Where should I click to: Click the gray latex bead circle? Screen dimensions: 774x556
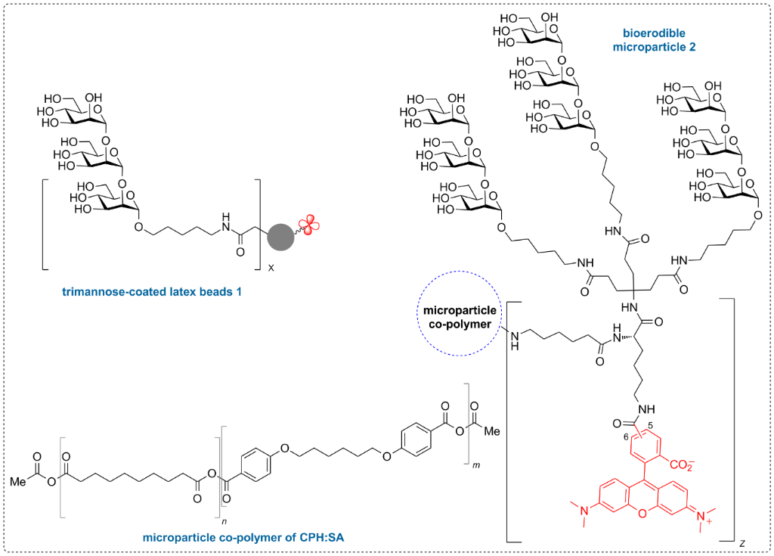[280, 237]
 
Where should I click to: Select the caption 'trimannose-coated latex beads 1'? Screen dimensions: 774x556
[152, 291]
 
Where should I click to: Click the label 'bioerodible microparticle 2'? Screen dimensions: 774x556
[654, 40]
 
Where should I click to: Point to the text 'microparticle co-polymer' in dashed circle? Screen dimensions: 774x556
[460, 317]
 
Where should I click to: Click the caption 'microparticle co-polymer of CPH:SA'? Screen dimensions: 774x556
[243, 537]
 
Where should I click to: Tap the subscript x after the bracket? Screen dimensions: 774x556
[271, 269]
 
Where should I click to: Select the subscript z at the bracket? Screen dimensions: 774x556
[742, 544]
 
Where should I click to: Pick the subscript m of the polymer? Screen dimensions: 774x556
[476, 464]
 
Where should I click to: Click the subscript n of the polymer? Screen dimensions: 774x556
[224, 521]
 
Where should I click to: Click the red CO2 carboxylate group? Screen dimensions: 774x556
[682, 464]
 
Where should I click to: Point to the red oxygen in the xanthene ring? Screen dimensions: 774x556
[642, 514]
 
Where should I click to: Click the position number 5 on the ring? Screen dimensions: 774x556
[651, 426]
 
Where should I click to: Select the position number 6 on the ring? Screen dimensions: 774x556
[626, 437]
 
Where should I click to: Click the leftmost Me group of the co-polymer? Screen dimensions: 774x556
[18, 480]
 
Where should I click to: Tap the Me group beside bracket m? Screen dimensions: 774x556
[491, 431]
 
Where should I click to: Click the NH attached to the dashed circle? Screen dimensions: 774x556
[515, 340]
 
